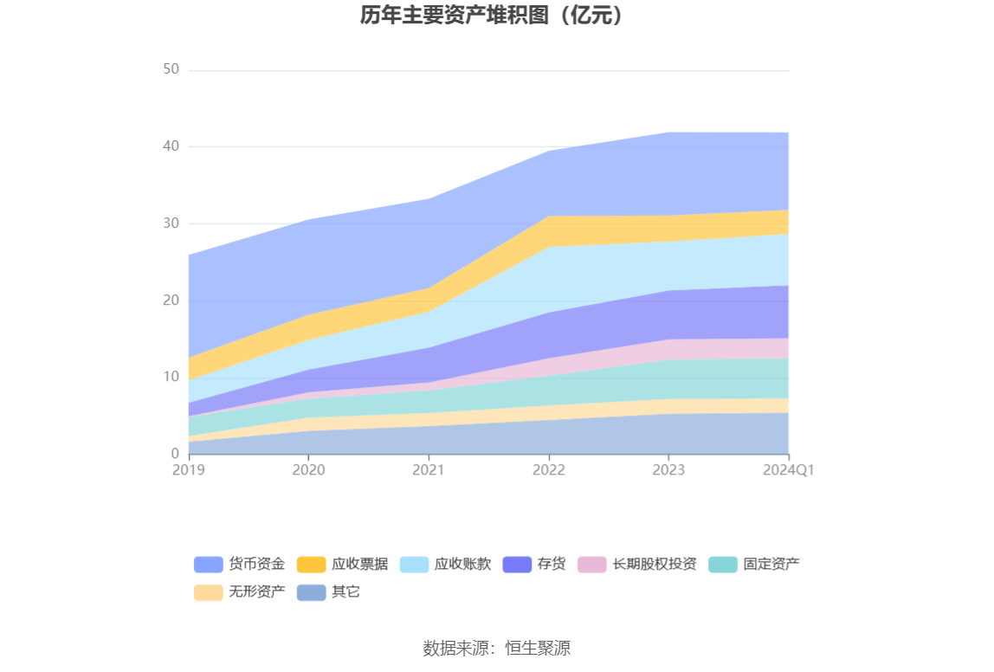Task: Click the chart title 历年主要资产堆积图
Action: click(x=492, y=15)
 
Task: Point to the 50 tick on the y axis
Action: click(x=171, y=69)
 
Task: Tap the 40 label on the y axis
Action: click(x=171, y=146)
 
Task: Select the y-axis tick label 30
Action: click(x=171, y=223)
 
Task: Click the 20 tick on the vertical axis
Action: click(x=171, y=300)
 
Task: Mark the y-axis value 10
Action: click(x=171, y=377)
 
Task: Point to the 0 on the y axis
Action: click(x=174, y=454)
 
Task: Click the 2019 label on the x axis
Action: click(x=188, y=470)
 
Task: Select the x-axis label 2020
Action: click(x=308, y=470)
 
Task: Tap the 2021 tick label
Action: click(x=429, y=470)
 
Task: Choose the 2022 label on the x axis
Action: click(x=548, y=470)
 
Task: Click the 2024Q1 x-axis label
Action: click(x=788, y=470)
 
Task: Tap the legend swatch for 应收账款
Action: click(x=414, y=565)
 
